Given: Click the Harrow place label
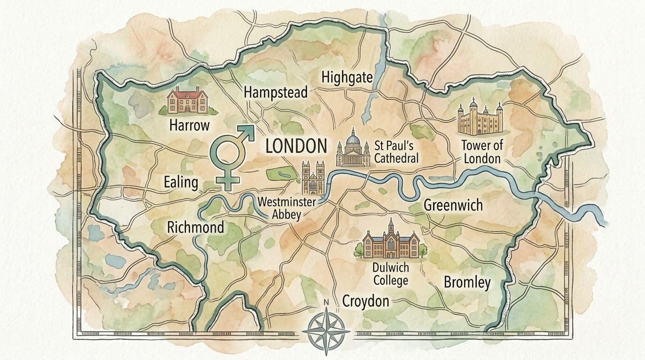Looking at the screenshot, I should click(189, 125).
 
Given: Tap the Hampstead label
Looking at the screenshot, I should click(276, 92).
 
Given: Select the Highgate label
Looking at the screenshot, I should click(347, 77).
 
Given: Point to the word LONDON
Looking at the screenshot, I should click(296, 146).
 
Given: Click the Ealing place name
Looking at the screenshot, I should click(181, 182).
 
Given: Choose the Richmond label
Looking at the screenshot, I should click(195, 228).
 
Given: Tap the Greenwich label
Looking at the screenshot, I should click(453, 205).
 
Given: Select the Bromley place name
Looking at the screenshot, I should click(467, 282).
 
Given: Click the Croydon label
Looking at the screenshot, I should click(366, 300).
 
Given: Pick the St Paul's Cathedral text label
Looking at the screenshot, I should click(396, 151).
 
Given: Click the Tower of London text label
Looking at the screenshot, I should click(482, 151).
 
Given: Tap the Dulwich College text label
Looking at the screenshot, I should click(390, 274).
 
